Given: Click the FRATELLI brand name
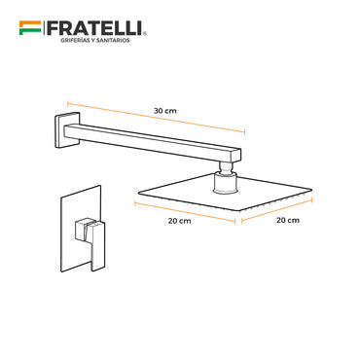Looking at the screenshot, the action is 94,28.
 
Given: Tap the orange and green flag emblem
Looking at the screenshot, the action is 30,28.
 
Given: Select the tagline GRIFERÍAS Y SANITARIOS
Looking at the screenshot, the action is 95,40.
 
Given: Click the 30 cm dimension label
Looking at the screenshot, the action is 165,111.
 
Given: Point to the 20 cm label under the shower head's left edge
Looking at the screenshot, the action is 179,221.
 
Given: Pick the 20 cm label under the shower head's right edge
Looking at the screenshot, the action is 288,220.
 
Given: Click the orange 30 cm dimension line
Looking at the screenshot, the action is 157,118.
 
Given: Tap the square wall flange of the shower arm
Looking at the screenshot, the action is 66,130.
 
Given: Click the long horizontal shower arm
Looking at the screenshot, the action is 153,143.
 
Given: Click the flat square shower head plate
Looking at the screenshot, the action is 226,192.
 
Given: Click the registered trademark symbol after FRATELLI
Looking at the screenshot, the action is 145,33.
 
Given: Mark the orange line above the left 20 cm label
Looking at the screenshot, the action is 185,212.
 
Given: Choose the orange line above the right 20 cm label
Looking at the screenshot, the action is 277,210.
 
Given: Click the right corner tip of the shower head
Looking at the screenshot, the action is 311,190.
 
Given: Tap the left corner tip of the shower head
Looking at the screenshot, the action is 139,194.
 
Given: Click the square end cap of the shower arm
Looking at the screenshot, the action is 234,156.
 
